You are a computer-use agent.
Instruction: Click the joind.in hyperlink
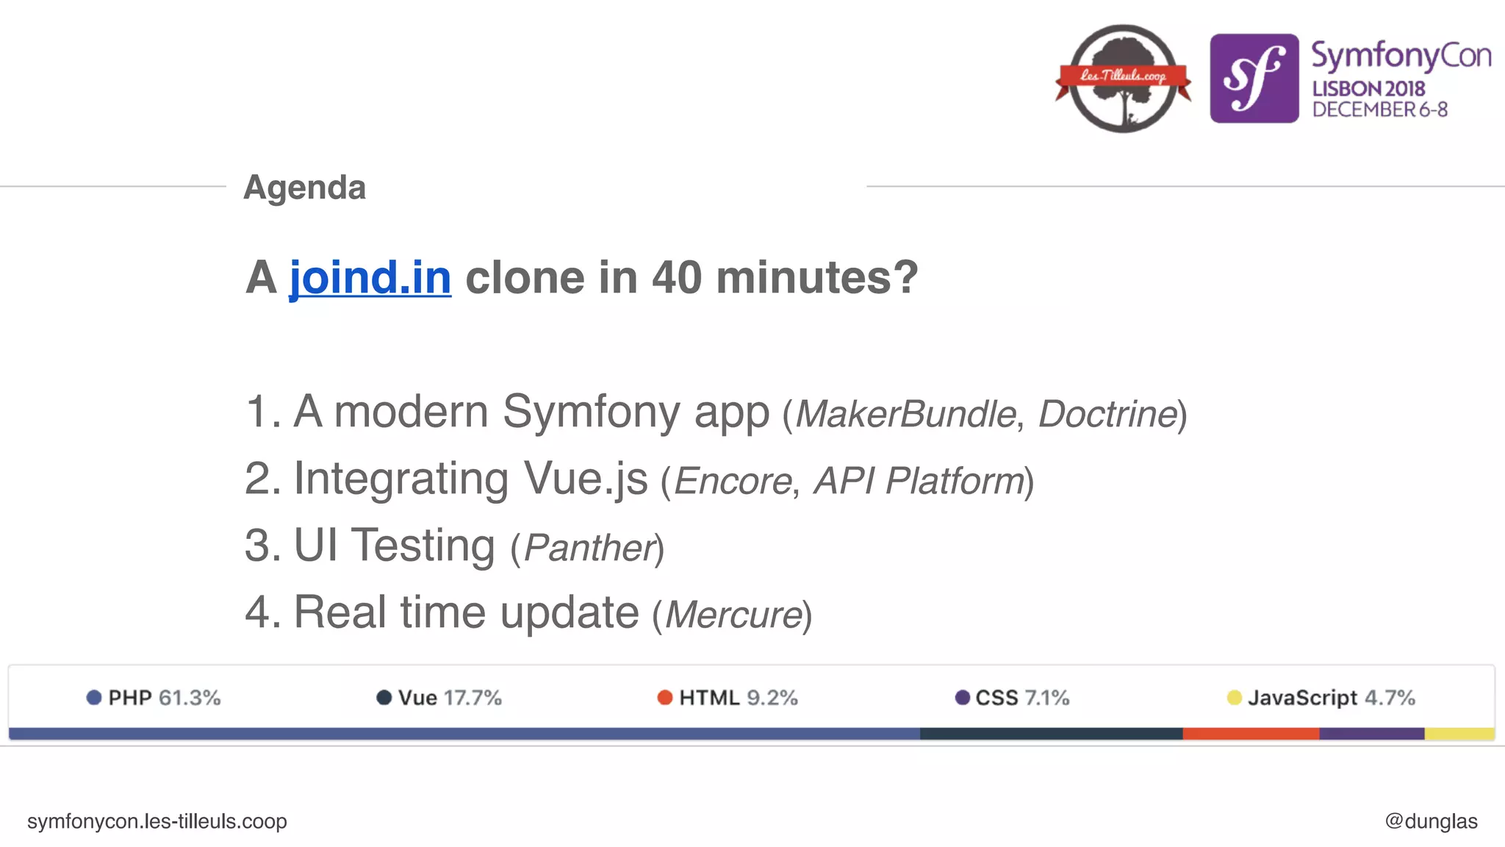click(370, 278)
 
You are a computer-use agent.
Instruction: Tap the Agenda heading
click(304, 187)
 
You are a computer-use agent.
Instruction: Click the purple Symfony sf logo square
click(1254, 78)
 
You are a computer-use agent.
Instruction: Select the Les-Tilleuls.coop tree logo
click(1123, 78)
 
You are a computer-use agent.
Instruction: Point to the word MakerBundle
click(905, 414)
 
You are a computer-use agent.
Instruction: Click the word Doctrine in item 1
click(1107, 414)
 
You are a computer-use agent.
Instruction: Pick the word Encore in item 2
click(733, 482)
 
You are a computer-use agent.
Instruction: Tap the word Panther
click(589, 548)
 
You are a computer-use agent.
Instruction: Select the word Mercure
click(733, 615)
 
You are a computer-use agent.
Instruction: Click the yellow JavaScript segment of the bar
click(1459, 734)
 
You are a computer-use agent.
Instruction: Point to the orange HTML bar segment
click(1251, 734)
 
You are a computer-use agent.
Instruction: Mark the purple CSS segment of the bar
click(1371, 734)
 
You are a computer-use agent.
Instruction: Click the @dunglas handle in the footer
click(1430, 821)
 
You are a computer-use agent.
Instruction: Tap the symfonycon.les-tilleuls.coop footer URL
click(157, 821)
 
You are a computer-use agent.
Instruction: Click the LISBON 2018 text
click(1368, 89)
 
